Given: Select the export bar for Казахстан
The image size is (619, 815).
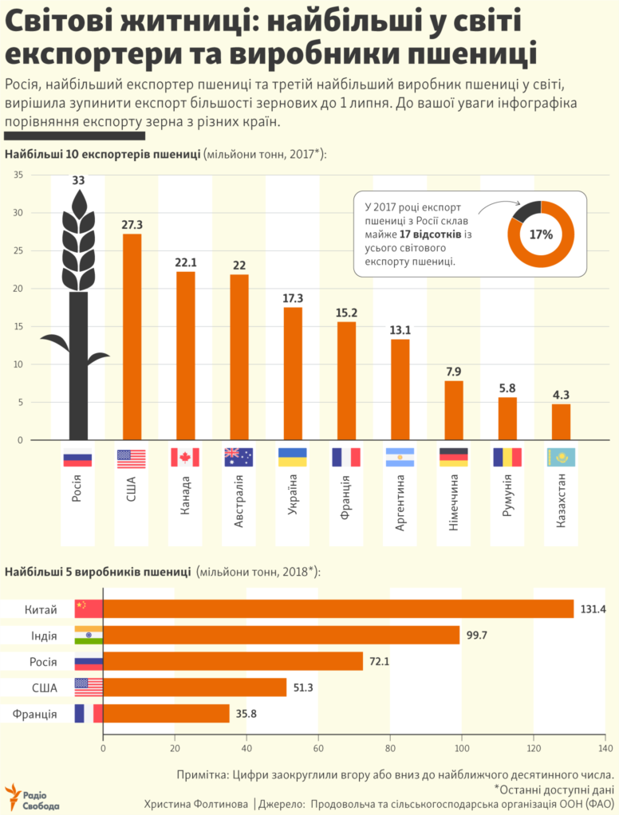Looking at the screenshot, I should pyautogui.click(x=561, y=422).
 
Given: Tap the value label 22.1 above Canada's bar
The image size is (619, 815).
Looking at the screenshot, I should pyautogui.click(x=185, y=262).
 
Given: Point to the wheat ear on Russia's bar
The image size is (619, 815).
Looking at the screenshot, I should pyautogui.click(x=78, y=239).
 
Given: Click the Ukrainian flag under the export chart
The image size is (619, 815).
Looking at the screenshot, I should pyautogui.click(x=292, y=457).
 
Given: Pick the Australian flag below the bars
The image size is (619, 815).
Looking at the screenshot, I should pyautogui.click(x=239, y=457).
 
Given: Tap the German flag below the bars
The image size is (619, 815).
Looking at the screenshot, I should pyautogui.click(x=453, y=457).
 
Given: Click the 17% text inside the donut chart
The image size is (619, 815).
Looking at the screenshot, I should pyautogui.click(x=541, y=234).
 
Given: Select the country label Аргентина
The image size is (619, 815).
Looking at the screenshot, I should pyautogui.click(x=400, y=503).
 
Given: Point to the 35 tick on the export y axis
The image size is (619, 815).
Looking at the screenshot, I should pyautogui.click(x=18, y=175).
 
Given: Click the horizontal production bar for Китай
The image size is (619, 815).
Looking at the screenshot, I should pyautogui.click(x=338, y=609).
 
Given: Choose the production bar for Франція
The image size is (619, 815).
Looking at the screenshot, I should pyautogui.click(x=166, y=714).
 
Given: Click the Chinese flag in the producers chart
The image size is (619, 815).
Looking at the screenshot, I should pyautogui.click(x=89, y=609).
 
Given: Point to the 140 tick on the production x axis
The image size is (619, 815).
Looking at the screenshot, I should pyautogui.click(x=605, y=750).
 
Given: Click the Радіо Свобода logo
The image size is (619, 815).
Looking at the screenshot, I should pyautogui.click(x=32, y=797).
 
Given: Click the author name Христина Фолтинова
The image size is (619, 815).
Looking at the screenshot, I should pyautogui.click(x=195, y=804).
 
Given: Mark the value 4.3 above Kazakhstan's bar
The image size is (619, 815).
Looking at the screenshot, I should pyautogui.click(x=561, y=394).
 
